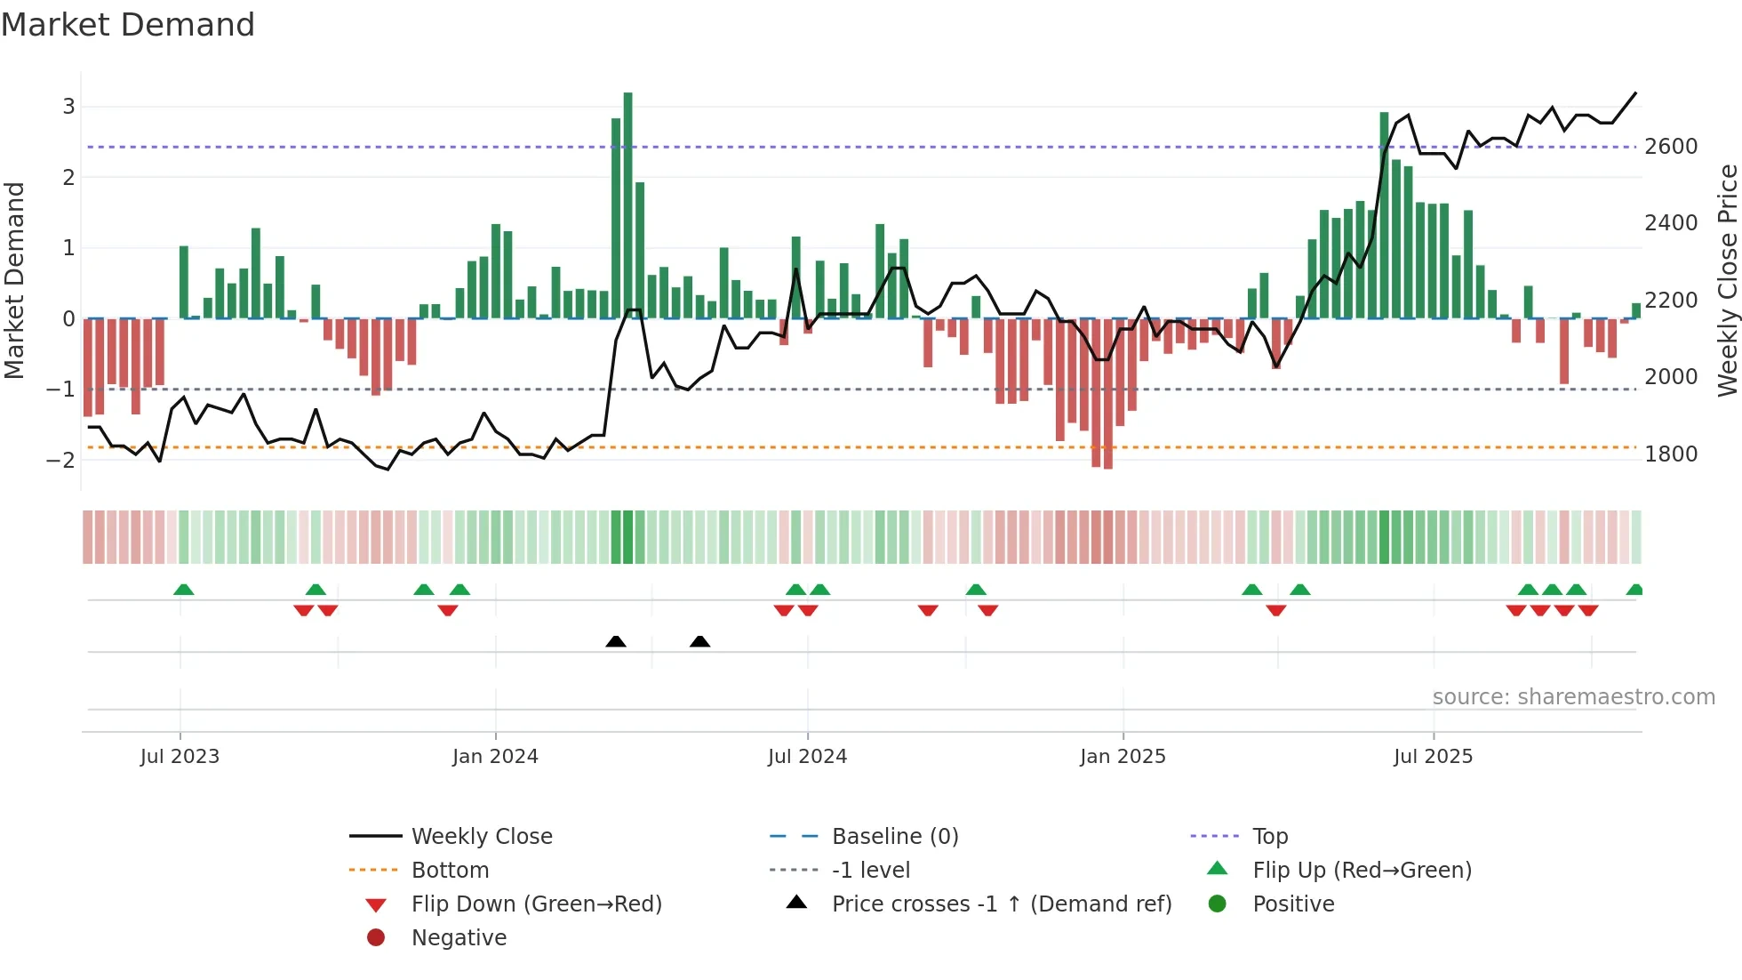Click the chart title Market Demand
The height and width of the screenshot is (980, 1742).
click(128, 25)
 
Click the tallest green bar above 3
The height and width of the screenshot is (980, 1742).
click(627, 205)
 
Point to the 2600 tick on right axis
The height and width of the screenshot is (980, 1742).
click(1671, 147)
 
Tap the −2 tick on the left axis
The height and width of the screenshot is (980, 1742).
click(61, 460)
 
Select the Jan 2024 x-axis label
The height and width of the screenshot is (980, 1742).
click(495, 756)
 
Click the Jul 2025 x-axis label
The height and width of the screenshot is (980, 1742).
click(1433, 756)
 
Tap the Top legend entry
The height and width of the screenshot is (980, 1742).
click(1270, 836)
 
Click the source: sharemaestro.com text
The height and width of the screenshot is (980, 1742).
click(1573, 696)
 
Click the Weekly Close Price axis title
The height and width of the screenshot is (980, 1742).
click(1727, 280)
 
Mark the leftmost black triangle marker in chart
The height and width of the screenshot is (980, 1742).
click(616, 641)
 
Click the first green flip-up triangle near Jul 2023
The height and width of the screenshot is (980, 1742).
click(183, 590)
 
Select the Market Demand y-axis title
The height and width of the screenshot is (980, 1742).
click(14, 280)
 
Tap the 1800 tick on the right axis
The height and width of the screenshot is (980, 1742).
click(1671, 454)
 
